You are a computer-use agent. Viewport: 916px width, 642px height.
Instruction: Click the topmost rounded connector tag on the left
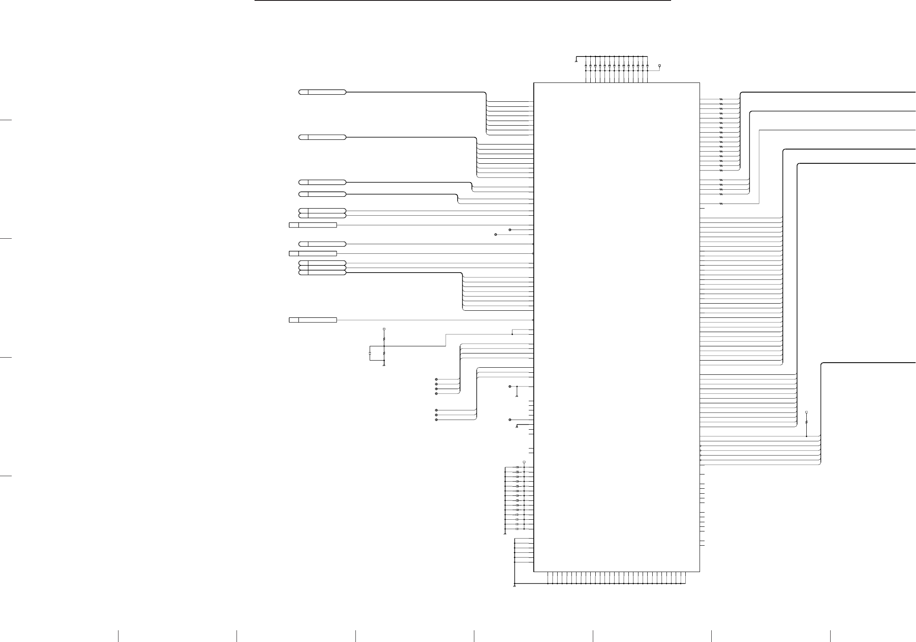(322, 92)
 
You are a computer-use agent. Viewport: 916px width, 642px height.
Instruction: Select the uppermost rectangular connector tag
(313, 225)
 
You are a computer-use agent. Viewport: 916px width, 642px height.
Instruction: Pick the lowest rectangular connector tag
(313, 320)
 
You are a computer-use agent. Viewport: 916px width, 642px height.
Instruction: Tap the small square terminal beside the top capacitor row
(660, 66)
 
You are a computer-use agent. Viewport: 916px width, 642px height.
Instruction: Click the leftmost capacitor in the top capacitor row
(586, 66)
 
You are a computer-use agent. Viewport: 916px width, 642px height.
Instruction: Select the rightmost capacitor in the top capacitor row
(647, 66)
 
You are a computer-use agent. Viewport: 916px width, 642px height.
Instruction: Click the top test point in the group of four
(436, 379)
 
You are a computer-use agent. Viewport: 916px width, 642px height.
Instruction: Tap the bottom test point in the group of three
(436, 420)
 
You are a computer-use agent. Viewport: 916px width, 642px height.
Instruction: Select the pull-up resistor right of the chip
(806, 423)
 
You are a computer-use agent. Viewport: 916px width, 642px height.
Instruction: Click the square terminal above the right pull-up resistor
(806, 413)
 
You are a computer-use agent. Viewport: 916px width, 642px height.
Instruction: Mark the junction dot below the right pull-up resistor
(806, 436)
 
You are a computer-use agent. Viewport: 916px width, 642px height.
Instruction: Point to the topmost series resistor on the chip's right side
(721, 99)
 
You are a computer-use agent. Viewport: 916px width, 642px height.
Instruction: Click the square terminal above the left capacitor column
(524, 462)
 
